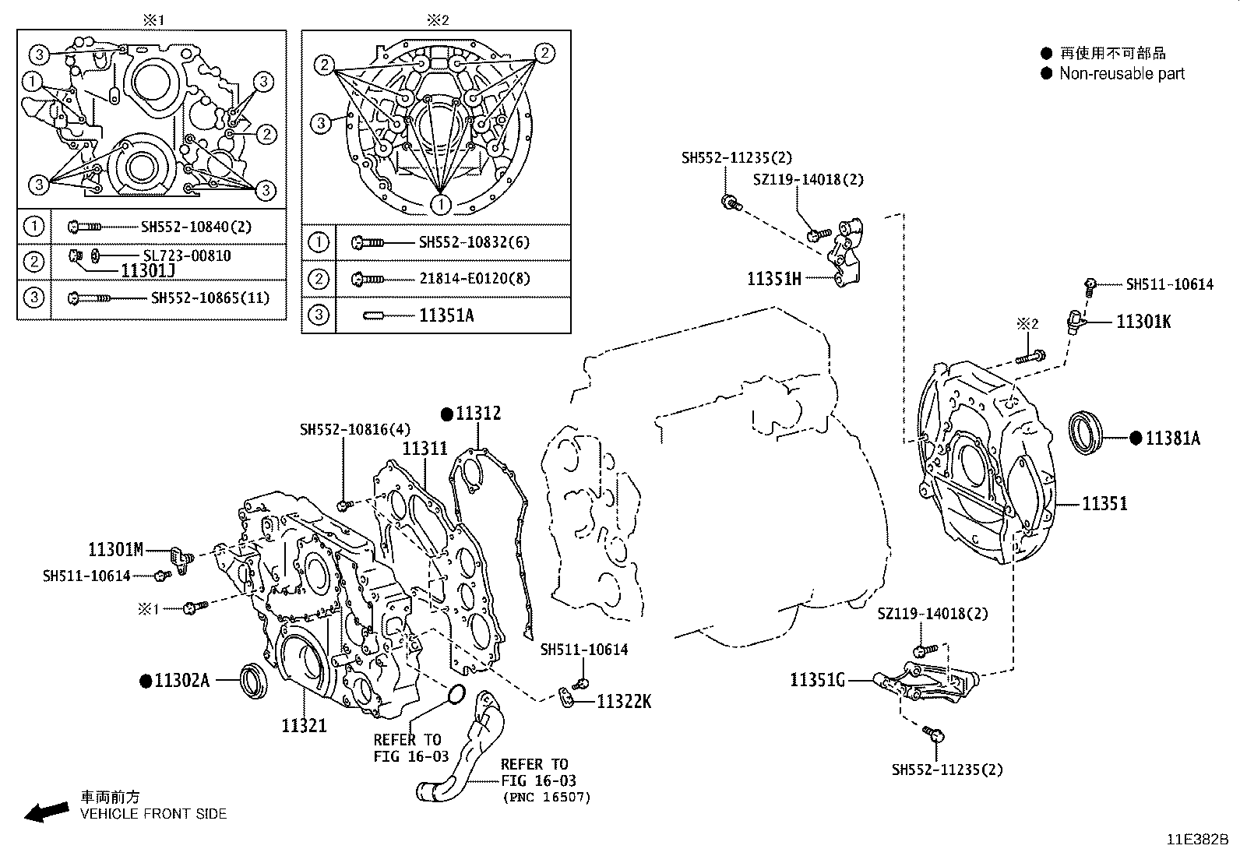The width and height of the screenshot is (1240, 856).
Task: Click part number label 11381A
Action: (x=1172, y=439)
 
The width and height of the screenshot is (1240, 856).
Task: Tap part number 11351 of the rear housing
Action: (x=1104, y=504)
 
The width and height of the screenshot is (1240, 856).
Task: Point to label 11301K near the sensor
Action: (x=1143, y=322)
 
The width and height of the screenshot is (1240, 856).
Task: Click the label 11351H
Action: (x=774, y=278)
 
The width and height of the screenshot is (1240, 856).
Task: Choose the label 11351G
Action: (x=817, y=681)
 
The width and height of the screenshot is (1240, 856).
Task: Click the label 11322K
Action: (x=624, y=702)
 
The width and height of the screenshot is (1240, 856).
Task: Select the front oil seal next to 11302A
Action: (x=255, y=680)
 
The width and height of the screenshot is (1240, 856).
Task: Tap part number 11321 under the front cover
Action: (x=304, y=726)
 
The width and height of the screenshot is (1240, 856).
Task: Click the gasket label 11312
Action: (x=478, y=414)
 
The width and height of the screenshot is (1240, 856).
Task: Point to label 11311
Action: (x=424, y=449)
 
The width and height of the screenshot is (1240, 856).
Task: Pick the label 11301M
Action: (x=115, y=550)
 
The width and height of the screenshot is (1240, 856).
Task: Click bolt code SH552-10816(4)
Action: (x=355, y=430)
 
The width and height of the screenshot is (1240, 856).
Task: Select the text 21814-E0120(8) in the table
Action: (x=474, y=279)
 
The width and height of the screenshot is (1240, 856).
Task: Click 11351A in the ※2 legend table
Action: (x=446, y=315)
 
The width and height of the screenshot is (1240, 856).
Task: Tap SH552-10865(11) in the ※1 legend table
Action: (x=210, y=298)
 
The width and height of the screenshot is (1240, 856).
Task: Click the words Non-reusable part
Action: (x=1122, y=74)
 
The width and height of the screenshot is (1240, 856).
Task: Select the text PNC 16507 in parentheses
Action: (x=547, y=797)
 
